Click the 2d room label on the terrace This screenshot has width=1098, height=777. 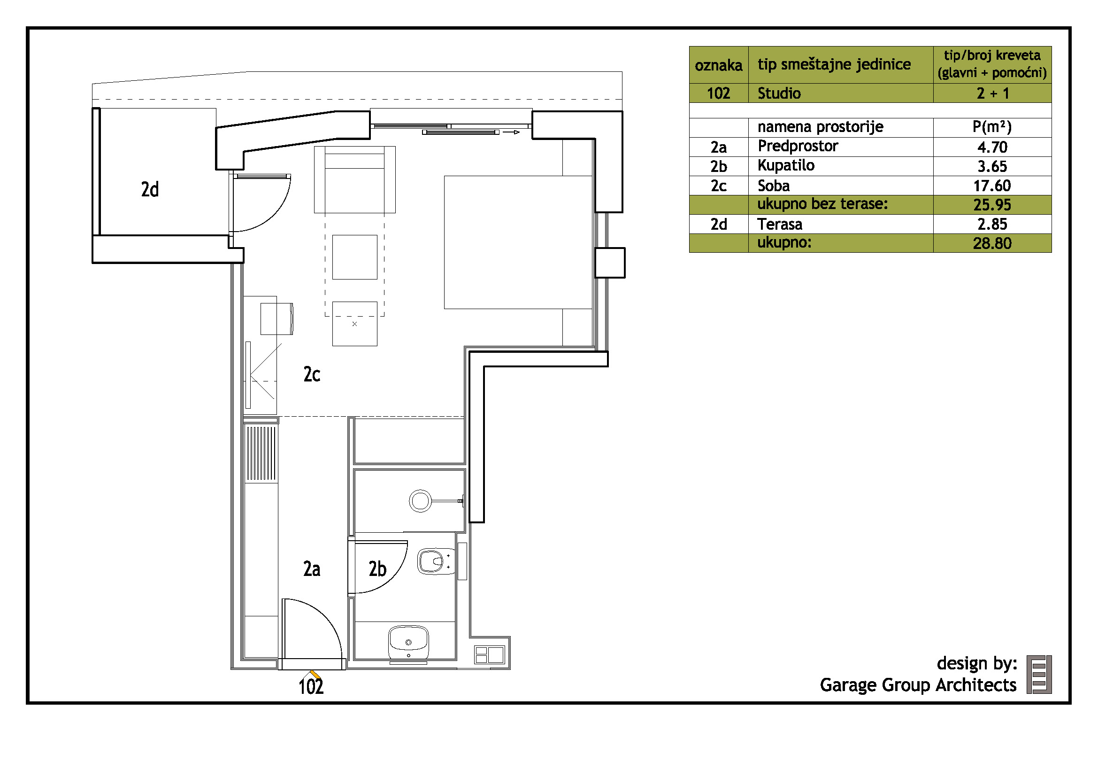(150, 189)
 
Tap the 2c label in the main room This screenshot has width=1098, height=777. (312, 374)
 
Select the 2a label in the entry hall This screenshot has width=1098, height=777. (312, 569)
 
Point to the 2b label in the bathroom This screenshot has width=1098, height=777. (377, 569)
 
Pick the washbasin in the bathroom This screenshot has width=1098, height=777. (408, 643)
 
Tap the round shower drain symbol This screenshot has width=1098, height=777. (420, 501)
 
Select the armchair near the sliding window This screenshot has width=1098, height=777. (355, 179)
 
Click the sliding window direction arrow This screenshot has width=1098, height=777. (511, 132)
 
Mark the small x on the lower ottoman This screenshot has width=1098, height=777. (354, 324)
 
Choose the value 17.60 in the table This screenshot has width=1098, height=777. (992, 186)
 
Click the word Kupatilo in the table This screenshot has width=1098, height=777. (786, 165)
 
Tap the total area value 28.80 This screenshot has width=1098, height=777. (992, 243)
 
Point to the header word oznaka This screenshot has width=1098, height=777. (718, 65)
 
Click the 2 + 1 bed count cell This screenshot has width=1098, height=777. (993, 93)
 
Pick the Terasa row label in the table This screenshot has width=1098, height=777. (780, 224)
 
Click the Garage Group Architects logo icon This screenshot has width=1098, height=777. (1039, 675)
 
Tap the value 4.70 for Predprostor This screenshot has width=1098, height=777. (992, 147)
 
